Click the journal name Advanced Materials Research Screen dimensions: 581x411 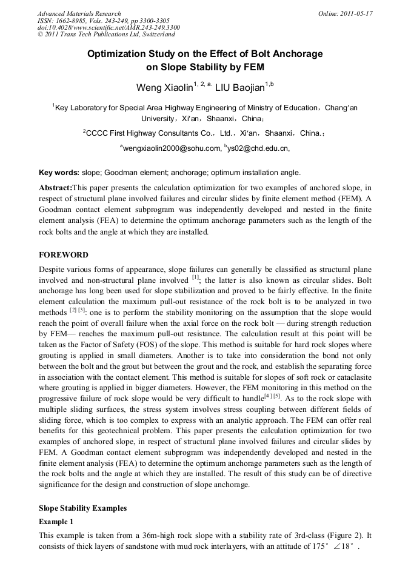(79, 13)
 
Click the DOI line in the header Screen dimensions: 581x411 (109, 28)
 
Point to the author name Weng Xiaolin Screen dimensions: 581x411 (164, 88)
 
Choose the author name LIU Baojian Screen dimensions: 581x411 (240, 88)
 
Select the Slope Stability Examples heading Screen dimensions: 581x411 (82, 508)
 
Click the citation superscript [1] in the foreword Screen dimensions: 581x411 (195, 277)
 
